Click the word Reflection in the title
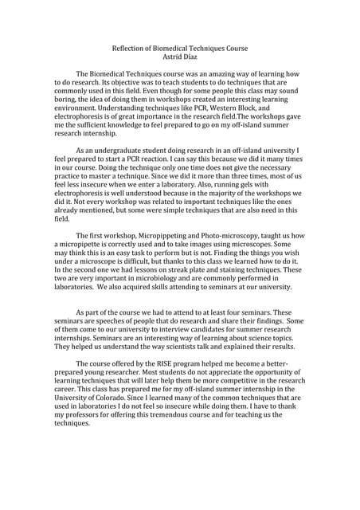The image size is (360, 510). click(131, 47)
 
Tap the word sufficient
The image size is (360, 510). click(96, 124)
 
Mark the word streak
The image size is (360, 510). click(192, 269)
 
